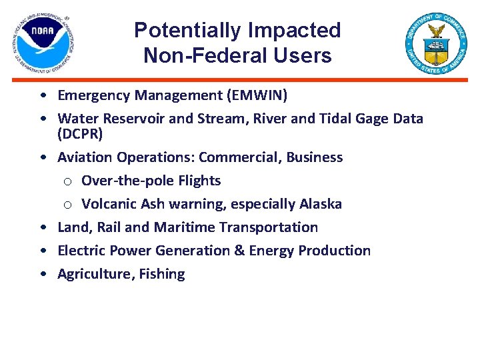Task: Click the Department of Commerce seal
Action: pos(437,43)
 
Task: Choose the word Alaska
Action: pos(319,204)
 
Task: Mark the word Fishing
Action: pos(162,274)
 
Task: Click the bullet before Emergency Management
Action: pos(43,96)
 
